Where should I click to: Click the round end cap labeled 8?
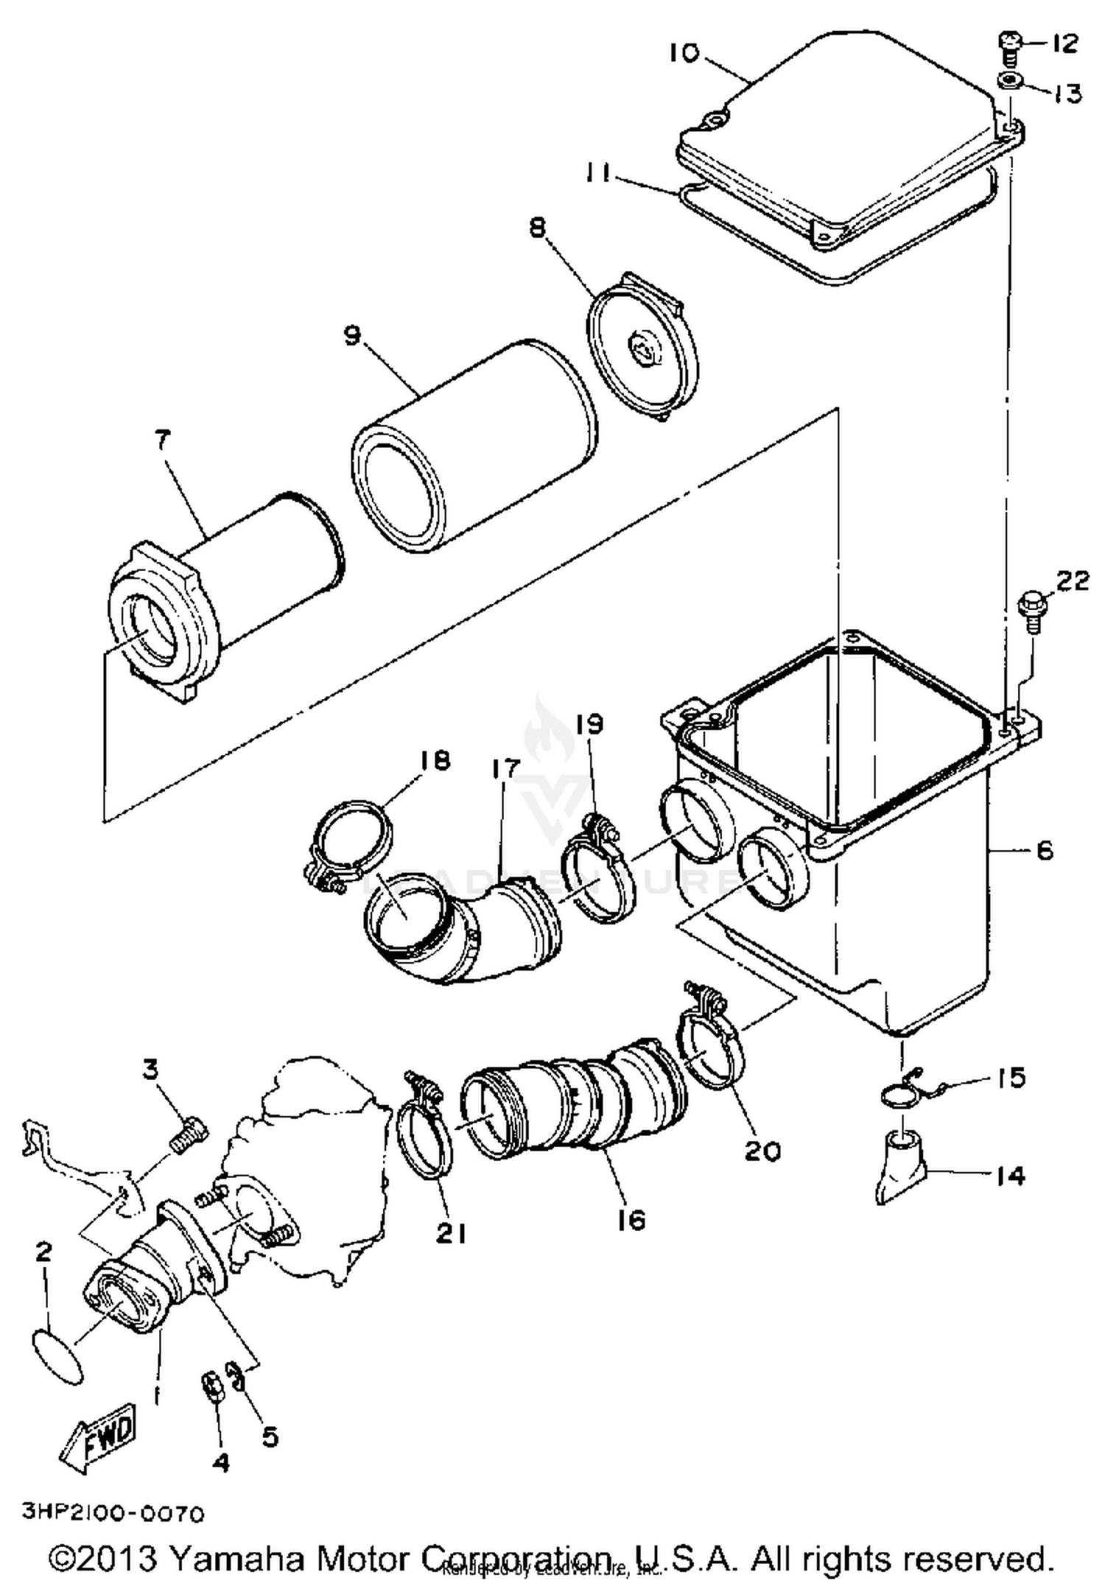[645, 348]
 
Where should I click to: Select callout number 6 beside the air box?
[1044, 850]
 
